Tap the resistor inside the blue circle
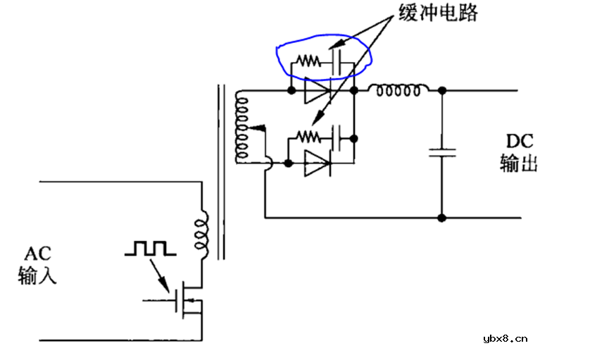click(307, 62)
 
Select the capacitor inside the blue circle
click(337, 62)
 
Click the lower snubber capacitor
click(337, 135)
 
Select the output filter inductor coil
click(399, 90)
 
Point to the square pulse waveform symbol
click(149, 248)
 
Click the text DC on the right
click(519, 139)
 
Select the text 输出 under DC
click(519, 163)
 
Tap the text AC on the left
click(37, 252)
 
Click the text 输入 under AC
click(37, 275)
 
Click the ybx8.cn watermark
click(506, 338)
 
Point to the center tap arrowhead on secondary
click(260, 128)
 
